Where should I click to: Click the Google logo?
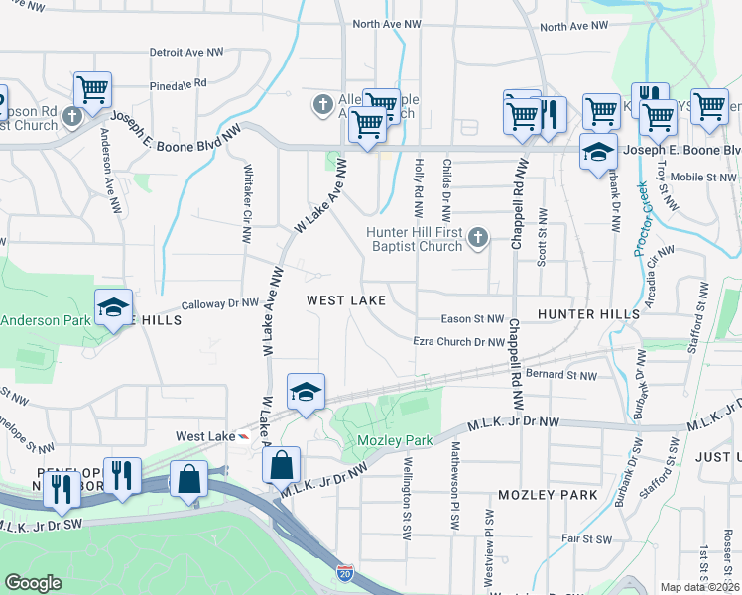point(33,583)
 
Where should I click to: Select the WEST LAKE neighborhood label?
point(345,299)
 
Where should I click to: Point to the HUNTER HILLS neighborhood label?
point(588,313)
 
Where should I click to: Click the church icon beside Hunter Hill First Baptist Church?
point(478,237)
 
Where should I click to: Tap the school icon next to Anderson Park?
point(114,307)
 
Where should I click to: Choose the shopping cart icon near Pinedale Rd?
point(92,89)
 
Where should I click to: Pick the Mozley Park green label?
point(395,439)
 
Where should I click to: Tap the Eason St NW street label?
point(473,319)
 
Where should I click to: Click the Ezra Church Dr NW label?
point(459,342)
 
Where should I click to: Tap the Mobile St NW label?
point(703,177)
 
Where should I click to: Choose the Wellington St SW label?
point(406,497)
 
